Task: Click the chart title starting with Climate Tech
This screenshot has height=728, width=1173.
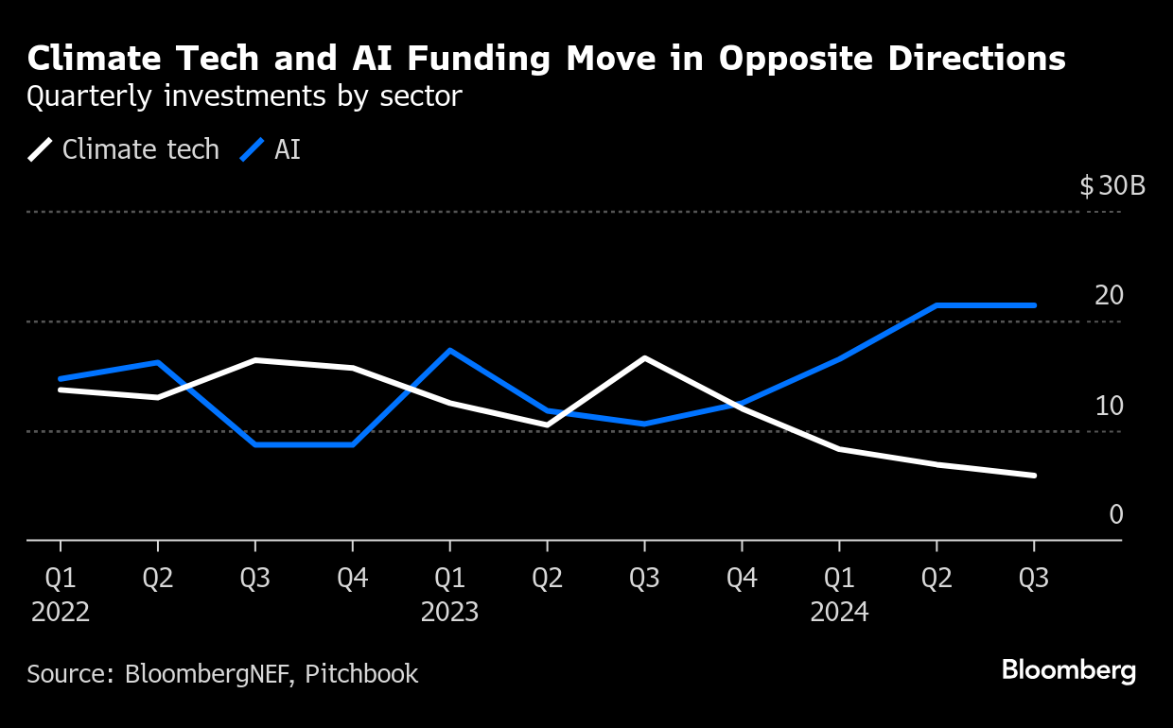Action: click(546, 59)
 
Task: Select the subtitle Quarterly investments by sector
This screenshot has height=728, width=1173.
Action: click(244, 96)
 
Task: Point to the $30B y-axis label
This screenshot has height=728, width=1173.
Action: click(1112, 185)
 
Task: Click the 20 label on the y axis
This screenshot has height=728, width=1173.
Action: click(1109, 296)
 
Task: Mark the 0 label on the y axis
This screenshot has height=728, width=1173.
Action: click(1116, 514)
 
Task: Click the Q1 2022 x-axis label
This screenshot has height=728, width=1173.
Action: click(61, 595)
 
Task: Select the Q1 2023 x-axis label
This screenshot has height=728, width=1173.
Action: click(450, 595)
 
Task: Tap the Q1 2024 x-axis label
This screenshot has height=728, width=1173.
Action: click(839, 595)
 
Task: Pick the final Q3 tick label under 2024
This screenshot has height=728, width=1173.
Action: click(1033, 579)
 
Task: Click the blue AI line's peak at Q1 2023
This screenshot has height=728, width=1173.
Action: click(450, 351)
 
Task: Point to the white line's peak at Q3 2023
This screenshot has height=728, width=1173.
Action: click(644, 358)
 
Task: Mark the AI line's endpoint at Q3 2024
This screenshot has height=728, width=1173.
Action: click(1034, 305)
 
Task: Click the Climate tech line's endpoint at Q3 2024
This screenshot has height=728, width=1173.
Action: click(1034, 476)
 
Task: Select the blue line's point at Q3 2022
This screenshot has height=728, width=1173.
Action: click(255, 444)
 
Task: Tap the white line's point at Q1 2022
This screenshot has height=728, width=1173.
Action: click(61, 390)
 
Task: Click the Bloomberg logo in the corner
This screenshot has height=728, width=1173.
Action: click(1069, 671)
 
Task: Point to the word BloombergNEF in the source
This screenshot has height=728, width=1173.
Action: click(208, 674)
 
